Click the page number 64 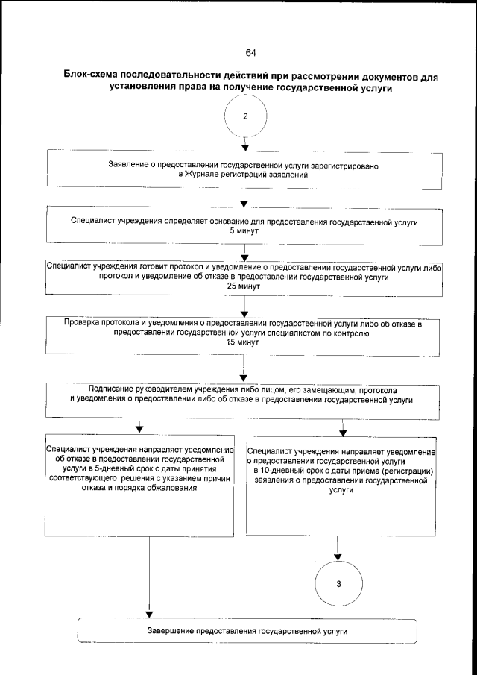pyautogui.click(x=250, y=53)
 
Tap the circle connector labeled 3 pyautogui.click(x=338, y=583)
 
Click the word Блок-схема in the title pyautogui.click(x=98, y=77)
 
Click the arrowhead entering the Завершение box pyautogui.click(x=150, y=614)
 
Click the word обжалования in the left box pyautogui.click(x=168, y=489)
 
